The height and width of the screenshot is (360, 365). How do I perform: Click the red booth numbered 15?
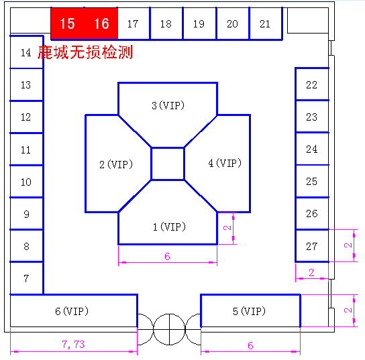click(x=68, y=23)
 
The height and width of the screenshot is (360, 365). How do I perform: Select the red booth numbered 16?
click(x=101, y=23)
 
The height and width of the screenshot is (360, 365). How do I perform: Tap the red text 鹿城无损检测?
click(x=85, y=52)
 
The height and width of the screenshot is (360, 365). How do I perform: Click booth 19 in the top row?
click(x=199, y=23)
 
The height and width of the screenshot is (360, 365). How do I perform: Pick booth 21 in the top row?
click(x=266, y=23)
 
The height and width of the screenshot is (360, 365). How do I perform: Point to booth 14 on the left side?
click(x=26, y=52)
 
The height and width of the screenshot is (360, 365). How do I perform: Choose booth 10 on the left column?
click(x=26, y=182)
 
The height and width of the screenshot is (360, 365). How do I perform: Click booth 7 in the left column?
click(x=26, y=278)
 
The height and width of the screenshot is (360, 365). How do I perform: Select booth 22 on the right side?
click(x=312, y=84)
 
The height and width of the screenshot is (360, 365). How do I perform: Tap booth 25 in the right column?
click(x=312, y=181)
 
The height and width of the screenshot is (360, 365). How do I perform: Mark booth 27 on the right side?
click(x=312, y=246)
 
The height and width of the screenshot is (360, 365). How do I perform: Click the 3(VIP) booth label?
click(x=168, y=105)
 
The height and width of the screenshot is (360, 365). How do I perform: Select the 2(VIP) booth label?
click(x=116, y=164)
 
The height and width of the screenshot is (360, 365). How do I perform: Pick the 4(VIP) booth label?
click(x=225, y=163)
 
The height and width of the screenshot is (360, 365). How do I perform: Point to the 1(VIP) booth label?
click(x=170, y=227)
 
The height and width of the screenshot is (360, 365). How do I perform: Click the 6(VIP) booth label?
click(x=72, y=311)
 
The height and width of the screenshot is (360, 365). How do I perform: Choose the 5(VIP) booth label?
click(x=249, y=311)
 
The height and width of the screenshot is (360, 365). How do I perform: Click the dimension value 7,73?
click(x=73, y=345)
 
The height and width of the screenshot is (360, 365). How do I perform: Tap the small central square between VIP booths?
click(x=168, y=164)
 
